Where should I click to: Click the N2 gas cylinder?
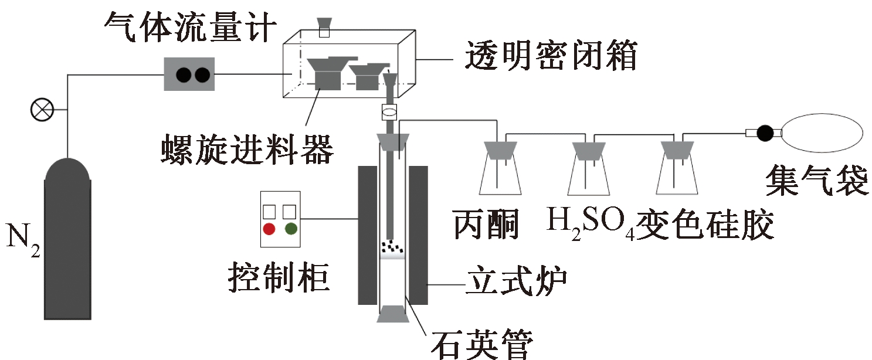click(x=69, y=246)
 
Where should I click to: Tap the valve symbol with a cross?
click(x=42, y=110)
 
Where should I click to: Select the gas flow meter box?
click(x=188, y=74)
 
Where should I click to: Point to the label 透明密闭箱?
click(x=550, y=57)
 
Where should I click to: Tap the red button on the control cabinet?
click(x=269, y=229)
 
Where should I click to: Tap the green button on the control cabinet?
click(x=291, y=229)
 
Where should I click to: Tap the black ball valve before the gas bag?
click(x=765, y=133)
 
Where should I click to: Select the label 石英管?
click(x=481, y=342)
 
